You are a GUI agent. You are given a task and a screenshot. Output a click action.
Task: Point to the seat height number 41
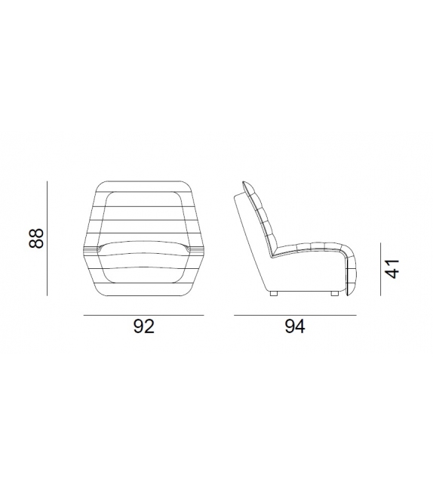click(x=391, y=268)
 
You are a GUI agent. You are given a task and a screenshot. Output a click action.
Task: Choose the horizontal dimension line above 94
click(x=294, y=315)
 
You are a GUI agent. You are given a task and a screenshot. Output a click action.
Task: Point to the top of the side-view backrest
click(x=247, y=184)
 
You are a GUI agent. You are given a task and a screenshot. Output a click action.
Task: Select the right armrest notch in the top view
click(x=190, y=248)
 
